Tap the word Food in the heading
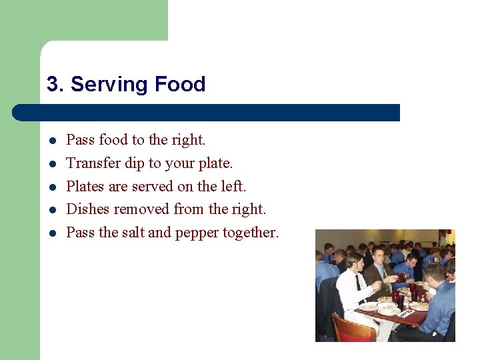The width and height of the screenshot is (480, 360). [x=179, y=85]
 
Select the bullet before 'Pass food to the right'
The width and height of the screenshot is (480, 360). [x=51, y=141]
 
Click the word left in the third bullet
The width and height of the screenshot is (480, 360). [x=233, y=187]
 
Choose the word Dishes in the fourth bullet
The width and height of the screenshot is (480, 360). [x=88, y=209]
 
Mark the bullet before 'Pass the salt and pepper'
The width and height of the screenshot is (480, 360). [x=51, y=233]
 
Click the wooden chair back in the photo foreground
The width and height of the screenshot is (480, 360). [x=353, y=327]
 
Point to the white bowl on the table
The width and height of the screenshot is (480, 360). [x=387, y=307]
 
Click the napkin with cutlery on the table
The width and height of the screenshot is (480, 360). [x=406, y=312]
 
